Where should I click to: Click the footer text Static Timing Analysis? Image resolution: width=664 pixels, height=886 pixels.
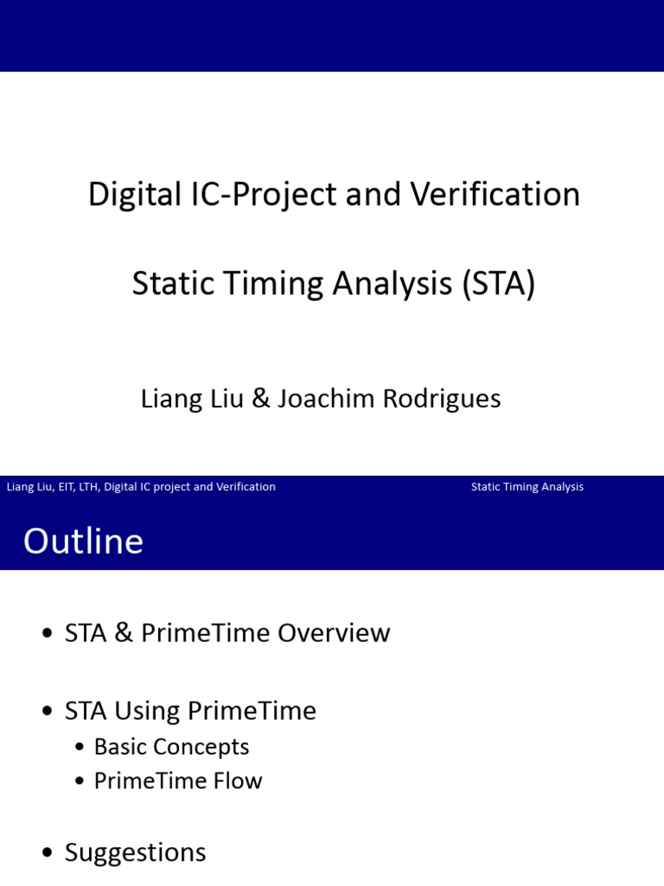[527, 487]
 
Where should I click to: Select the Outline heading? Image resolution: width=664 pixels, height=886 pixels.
[83, 542]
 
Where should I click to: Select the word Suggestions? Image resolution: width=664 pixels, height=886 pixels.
[135, 853]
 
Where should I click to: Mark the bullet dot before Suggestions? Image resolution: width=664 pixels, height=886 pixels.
[48, 854]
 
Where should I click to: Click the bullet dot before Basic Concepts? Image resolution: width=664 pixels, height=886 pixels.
[80, 748]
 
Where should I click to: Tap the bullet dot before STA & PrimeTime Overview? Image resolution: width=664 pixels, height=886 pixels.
[48, 634]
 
